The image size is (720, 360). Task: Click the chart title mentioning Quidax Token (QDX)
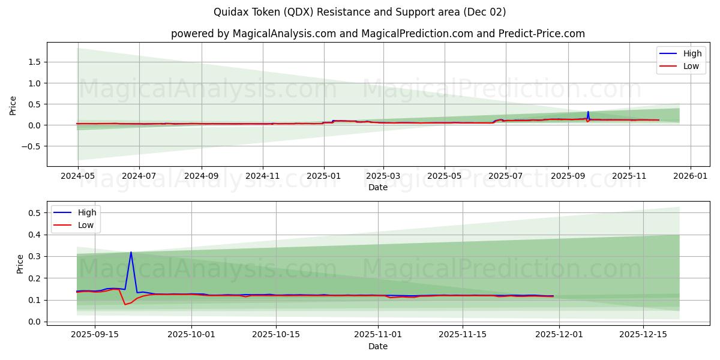359,12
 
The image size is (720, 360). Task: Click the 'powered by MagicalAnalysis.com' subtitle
377,34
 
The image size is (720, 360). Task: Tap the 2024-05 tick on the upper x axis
77,177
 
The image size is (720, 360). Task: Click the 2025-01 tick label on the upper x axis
324,177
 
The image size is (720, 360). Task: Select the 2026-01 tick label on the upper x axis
691,177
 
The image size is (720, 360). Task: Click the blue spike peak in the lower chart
131,252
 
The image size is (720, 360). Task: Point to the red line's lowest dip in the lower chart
125,305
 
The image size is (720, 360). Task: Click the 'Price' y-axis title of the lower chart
20,264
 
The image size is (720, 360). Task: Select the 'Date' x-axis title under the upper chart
378,187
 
